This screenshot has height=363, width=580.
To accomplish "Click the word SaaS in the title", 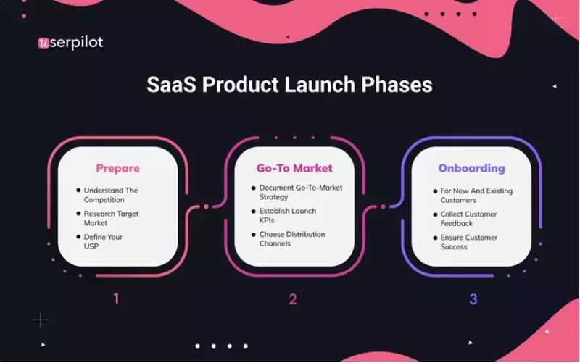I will (x=172, y=84).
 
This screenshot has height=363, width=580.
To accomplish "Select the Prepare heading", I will (x=117, y=168).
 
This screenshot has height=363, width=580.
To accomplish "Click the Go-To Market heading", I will (x=294, y=168).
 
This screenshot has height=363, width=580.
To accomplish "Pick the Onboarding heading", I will (x=471, y=168).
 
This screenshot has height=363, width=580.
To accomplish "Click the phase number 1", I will (x=116, y=299).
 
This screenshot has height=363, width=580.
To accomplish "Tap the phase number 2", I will (x=293, y=299).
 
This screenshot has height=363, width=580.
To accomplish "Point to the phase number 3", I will (x=473, y=299).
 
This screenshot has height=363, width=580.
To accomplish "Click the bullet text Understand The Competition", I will (x=110, y=195).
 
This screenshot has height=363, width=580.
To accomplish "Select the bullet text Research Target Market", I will (x=110, y=218).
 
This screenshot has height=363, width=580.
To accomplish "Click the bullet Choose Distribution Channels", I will (x=292, y=239).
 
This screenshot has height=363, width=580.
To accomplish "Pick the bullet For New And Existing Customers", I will (x=475, y=196).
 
